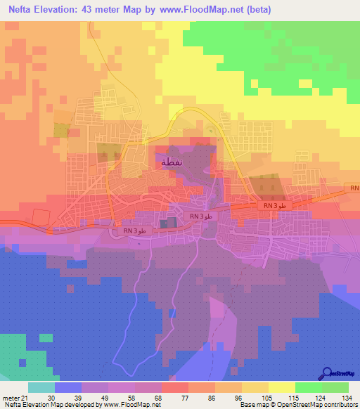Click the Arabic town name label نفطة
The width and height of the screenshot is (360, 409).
(172, 162)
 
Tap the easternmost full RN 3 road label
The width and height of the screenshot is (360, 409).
(275, 205)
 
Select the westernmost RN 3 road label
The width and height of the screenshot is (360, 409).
(134, 230)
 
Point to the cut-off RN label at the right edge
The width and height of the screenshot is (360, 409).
(354, 188)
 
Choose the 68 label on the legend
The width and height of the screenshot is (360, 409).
(155, 397)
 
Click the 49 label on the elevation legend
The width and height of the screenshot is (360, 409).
(102, 397)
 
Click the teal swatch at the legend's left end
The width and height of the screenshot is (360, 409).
(41, 387)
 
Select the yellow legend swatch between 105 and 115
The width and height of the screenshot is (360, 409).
(281, 387)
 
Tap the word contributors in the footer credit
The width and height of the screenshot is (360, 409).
(337, 405)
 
